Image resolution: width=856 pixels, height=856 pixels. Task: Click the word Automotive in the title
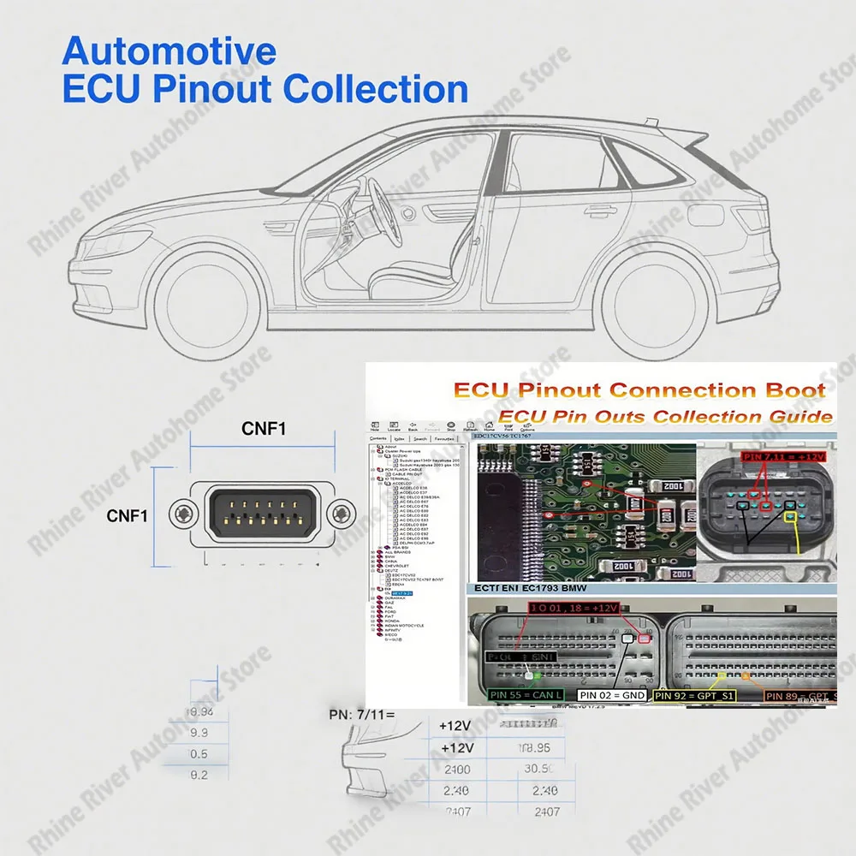click(x=169, y=51)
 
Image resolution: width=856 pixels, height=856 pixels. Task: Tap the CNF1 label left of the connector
click(x=128, y=515)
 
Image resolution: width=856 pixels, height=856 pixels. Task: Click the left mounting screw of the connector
click(x=183, y=514)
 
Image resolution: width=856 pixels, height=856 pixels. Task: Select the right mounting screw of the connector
click(x=341, y=514)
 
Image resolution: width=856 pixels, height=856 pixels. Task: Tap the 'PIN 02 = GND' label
click(x=611, y=695)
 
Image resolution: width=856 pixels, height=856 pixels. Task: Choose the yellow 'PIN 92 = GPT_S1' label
click(x=694, y=695)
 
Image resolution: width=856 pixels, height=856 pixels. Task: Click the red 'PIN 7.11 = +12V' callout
click(x=783, y=457)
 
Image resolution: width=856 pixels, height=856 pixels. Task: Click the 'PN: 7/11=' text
click(x=360, y=713)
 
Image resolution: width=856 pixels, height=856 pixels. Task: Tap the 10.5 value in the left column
click(x=198, y=753)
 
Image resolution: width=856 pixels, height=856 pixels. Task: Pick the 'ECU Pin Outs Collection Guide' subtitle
click(x=665, y=416)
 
